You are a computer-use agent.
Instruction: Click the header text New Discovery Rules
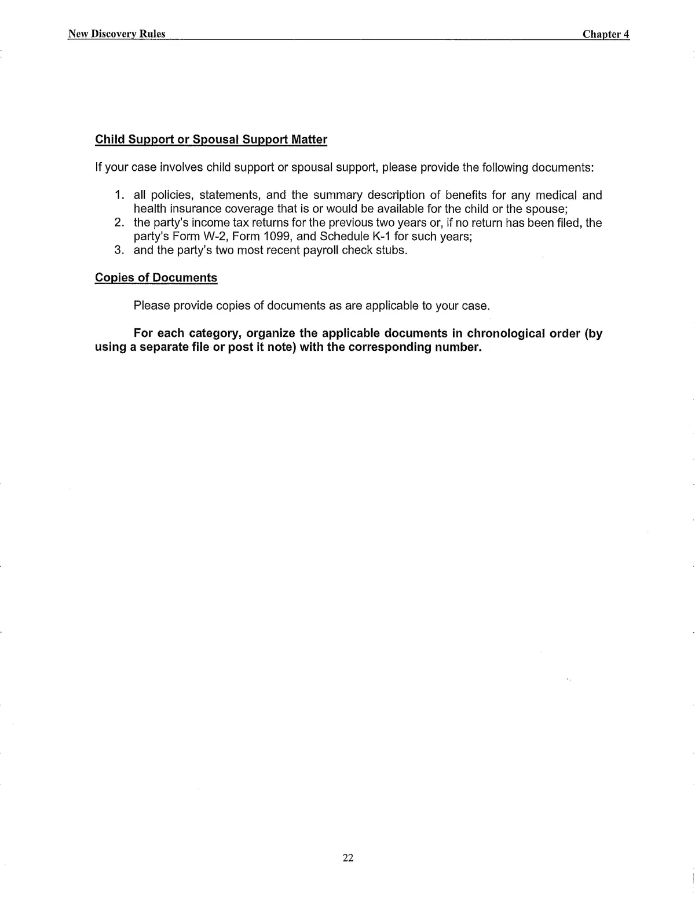(116, 34)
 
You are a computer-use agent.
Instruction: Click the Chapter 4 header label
(605, 34)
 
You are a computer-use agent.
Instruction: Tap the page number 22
(348, 857)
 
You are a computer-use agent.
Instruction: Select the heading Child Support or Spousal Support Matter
(211, 140)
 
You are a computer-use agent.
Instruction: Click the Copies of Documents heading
(156, 278)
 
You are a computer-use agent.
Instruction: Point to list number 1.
(119, 196)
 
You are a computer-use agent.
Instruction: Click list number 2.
(119, 223)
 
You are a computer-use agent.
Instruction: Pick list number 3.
(119, 251)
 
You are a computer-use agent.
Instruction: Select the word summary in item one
(334, 196)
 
